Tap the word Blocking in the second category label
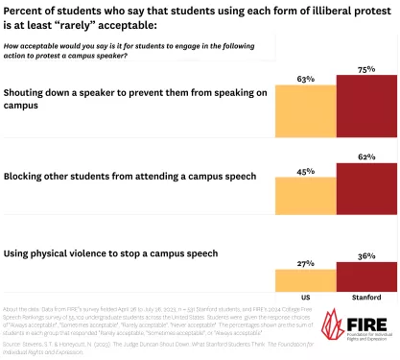30,177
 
